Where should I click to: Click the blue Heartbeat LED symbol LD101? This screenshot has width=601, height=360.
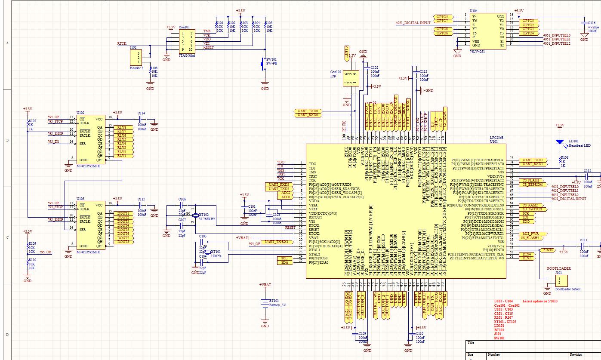pos(559,142)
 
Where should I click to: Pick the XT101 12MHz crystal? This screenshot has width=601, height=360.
pos(207,253)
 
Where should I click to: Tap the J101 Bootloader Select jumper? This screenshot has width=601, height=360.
pos(558,281)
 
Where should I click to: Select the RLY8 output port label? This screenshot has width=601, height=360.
pos(121,127)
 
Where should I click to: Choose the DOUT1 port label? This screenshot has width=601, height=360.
pos(123,213)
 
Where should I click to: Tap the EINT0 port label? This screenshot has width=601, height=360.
pos(548,250)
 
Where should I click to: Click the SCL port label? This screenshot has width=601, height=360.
pos(284,258)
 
